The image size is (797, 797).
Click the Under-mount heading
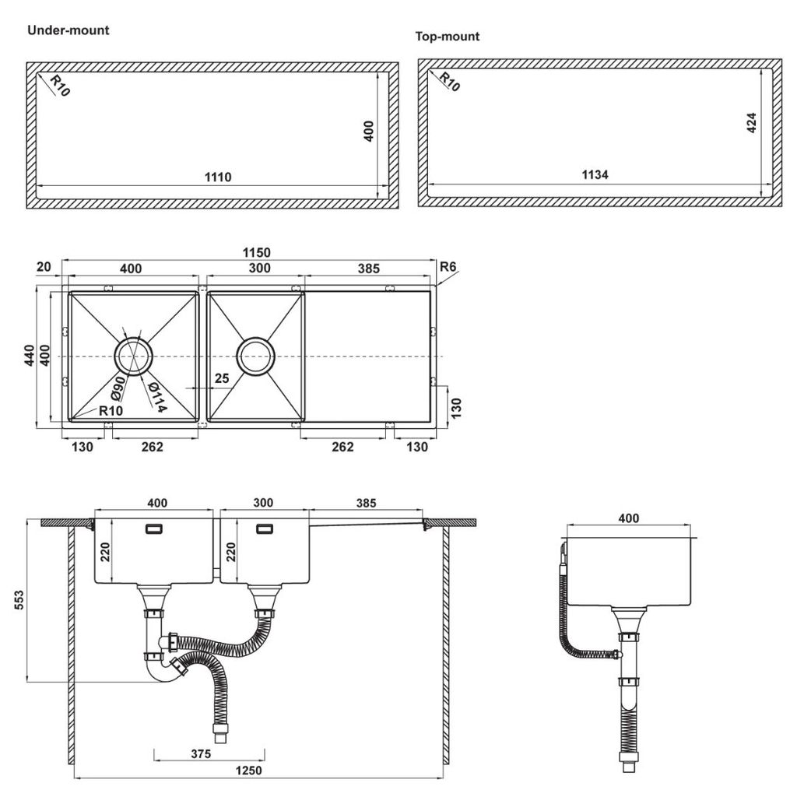point(68,31)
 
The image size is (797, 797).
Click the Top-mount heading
point(448,37)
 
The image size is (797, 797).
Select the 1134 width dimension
point(595,175)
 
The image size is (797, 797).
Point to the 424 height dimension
point(751,125)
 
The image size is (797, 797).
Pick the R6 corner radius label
point(448,269)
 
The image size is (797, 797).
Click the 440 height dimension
point(29,356)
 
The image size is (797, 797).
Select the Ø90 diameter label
point(119,388)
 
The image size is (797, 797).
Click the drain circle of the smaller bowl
point(256,356)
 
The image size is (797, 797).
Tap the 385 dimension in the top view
point(368,269)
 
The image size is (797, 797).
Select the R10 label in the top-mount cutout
point(448,82)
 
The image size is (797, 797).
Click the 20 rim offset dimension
point(44,267)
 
